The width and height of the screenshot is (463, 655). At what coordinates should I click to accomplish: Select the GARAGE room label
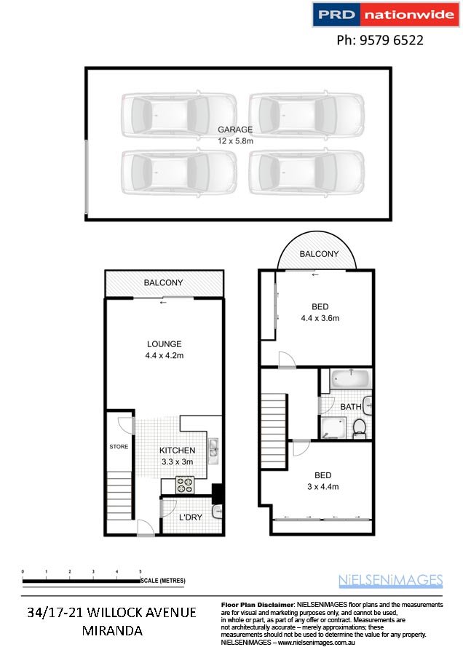(235, 130)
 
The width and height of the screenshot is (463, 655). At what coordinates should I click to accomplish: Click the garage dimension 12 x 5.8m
(235, 140)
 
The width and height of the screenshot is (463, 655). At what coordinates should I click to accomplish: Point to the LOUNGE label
(163, 344)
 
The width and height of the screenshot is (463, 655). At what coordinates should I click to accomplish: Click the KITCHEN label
(178, 450)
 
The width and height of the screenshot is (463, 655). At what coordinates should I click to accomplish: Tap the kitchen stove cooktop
(184, 483)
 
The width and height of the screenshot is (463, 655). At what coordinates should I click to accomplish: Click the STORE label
(119, 447)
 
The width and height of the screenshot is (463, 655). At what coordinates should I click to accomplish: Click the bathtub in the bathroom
(351, 379)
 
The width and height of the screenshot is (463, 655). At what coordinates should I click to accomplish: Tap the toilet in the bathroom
(359, 429)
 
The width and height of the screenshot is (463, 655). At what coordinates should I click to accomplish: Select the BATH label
(351, 406)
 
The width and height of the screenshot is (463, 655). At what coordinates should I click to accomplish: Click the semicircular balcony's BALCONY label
(319, 254)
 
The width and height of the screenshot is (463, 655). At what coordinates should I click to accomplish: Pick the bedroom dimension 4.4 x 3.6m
(320, 318)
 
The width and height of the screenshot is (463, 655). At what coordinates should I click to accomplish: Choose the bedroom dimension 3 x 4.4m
(321, 487)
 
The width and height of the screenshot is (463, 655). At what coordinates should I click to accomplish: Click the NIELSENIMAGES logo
(390, 580)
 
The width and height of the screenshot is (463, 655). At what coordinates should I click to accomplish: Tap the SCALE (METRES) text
(164, 580)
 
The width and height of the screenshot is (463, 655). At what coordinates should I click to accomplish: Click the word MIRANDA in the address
(112, 630)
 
